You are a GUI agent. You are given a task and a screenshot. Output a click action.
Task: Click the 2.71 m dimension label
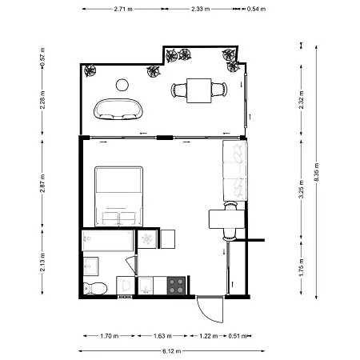click(122, 10)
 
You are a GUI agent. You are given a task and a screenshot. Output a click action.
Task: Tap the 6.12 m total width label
click(170, 350)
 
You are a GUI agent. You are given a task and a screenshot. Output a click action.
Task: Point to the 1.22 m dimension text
click(207, 336)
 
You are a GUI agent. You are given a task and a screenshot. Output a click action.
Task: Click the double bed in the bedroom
click(119, 196)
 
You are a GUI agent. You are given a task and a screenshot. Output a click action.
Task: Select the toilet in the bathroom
click(95, 288)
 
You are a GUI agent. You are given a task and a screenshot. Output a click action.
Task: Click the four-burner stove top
click(176, 284)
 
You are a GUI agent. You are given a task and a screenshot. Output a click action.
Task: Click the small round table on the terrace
click(122, 85)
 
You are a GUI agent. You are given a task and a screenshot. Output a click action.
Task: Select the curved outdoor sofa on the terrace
click(118, 109)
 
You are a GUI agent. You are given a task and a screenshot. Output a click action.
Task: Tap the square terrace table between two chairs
click(198, 90)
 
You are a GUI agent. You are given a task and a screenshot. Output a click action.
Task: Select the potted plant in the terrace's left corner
click(90, 70)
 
